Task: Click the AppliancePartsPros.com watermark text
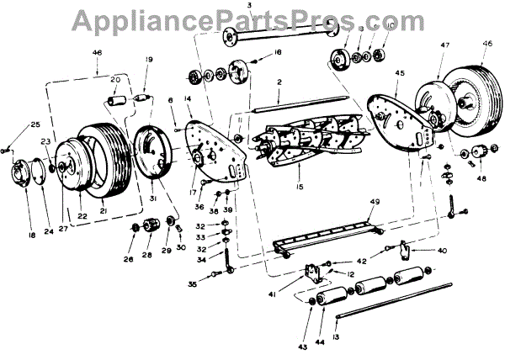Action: (252, 19)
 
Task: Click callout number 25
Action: (35, 124)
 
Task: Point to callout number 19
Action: (148, 60)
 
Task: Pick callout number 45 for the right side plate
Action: (400, 74)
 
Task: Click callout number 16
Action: (278, 53)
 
